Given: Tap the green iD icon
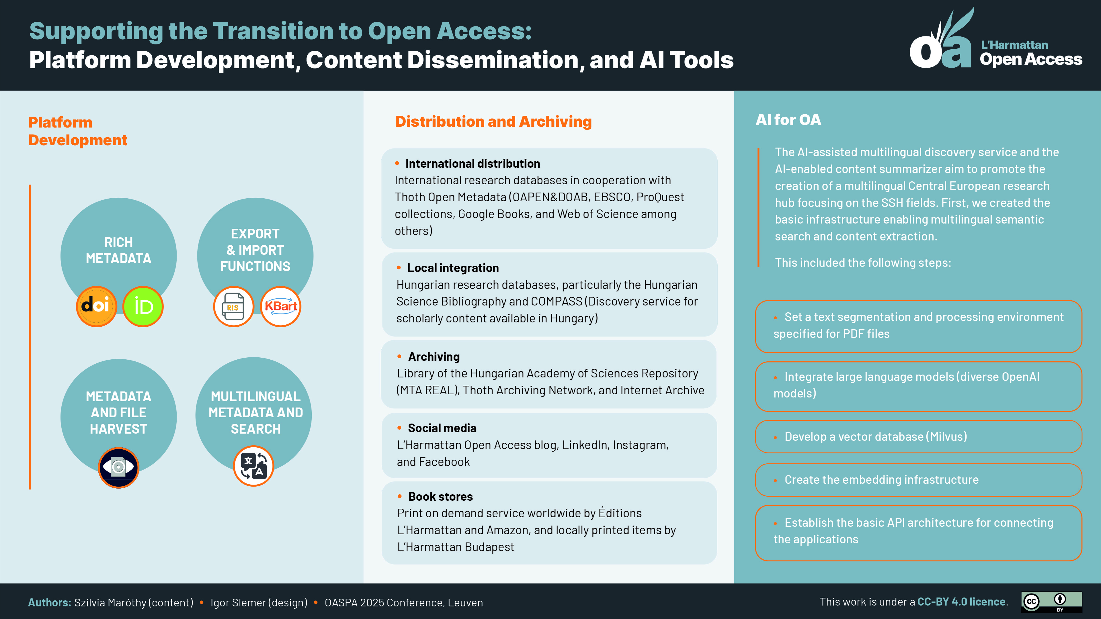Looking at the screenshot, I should click(x=143, y=306).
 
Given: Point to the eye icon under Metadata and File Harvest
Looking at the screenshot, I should click(x=118, y=467).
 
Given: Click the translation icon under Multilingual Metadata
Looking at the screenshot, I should click(x=253, y=466).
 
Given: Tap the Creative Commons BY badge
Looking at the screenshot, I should click(x=1051, y=602).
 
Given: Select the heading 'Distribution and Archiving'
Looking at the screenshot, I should click(x=493, y=122).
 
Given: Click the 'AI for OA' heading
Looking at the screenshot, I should click(x=788, y=120).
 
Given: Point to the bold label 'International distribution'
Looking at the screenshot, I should click(x=472, y=164).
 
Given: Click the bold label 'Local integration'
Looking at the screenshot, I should click(x=453, y=268).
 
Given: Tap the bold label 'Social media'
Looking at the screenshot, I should click(x=442, y=428).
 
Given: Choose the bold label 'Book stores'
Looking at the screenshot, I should click(x=440, y=496).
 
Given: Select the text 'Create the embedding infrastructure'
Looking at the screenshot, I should click(x=881, y=480).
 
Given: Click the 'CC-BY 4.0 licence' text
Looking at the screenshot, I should click(x=961, y=602).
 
